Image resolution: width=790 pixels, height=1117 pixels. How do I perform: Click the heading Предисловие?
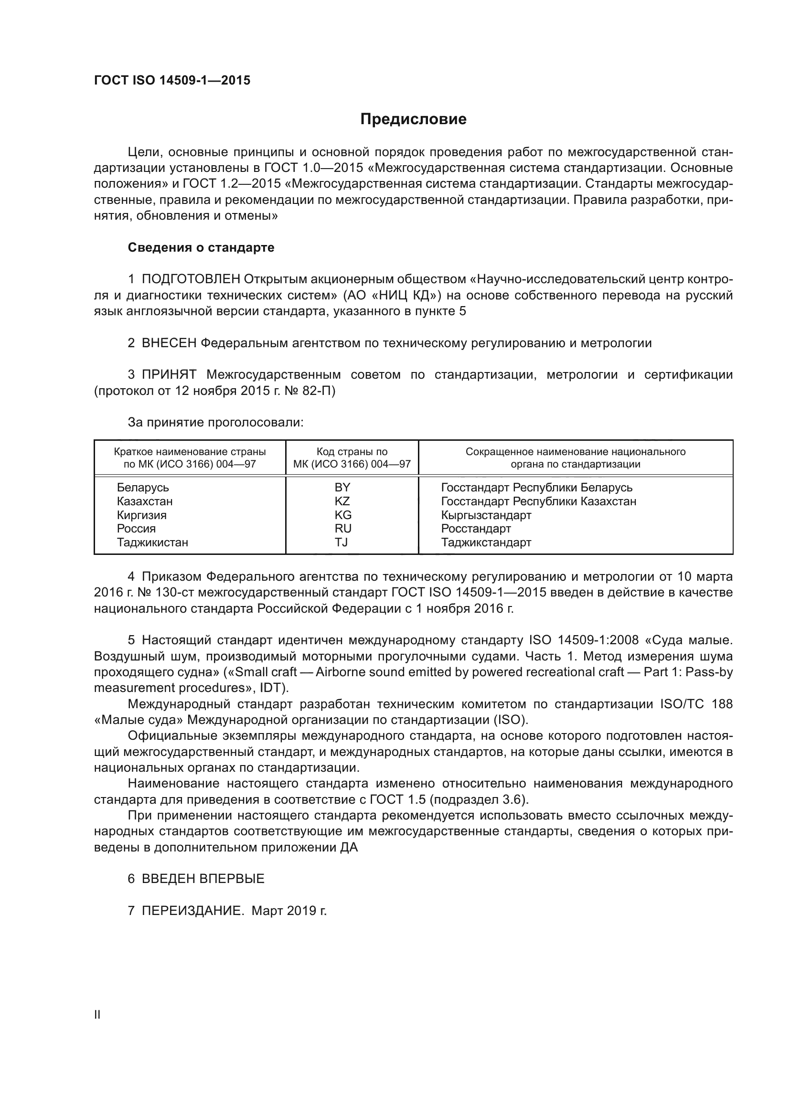[413, 119]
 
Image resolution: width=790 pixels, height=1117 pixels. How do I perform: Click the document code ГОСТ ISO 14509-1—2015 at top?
[172, 80]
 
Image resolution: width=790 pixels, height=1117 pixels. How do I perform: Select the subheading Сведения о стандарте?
[201, 248]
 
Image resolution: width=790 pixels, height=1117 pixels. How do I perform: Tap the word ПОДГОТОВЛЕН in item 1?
[191, 279]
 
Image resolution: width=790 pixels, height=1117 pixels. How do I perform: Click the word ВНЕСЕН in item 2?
[169, 343]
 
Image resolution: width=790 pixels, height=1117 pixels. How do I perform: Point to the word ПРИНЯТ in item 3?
[169, 374]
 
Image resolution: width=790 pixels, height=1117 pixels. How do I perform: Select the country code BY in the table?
[342, 488]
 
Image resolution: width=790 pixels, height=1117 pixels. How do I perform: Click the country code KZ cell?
[342, 501]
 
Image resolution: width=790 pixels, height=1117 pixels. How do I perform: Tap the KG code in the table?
[343, 515]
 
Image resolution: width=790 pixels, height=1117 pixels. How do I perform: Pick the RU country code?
[343, 528]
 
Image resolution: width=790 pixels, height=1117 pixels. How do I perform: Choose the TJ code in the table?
[342, 542]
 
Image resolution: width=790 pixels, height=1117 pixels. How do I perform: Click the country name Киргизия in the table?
[141, 515]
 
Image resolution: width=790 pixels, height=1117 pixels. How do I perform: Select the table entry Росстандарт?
[476, 528]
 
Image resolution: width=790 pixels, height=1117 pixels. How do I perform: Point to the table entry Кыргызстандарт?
[486, 515]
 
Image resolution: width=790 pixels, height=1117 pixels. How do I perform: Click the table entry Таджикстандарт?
[486, 542]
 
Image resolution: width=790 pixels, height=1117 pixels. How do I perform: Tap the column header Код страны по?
[352, 451]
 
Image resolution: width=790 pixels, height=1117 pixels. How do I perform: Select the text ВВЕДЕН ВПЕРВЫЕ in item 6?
[203, 879]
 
